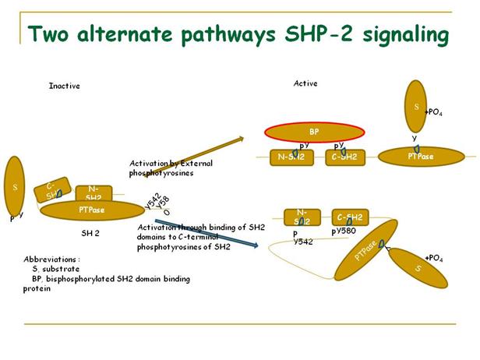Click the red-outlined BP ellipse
[x=313, y=132]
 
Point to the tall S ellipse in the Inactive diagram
[x=15, y=187]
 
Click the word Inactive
[x=64, y=86]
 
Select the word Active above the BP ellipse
[x=305, y=83]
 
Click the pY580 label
[x=344, y=231]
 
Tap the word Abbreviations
[x=51, y=259]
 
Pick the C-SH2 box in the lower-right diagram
[x=351, y=217]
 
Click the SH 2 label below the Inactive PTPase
[x=90, y=233]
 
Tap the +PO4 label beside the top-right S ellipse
[x=434, y=112]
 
